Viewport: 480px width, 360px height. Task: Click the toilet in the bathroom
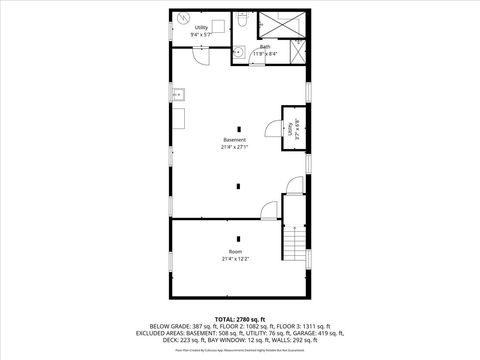242,19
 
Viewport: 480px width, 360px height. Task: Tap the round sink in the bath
243,51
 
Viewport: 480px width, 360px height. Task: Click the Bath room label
265,46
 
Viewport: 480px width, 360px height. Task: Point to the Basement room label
234,140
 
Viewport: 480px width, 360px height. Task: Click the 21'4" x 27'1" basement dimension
234,147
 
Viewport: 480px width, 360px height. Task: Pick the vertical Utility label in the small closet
291,128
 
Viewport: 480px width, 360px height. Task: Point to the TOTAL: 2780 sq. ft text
240,318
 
